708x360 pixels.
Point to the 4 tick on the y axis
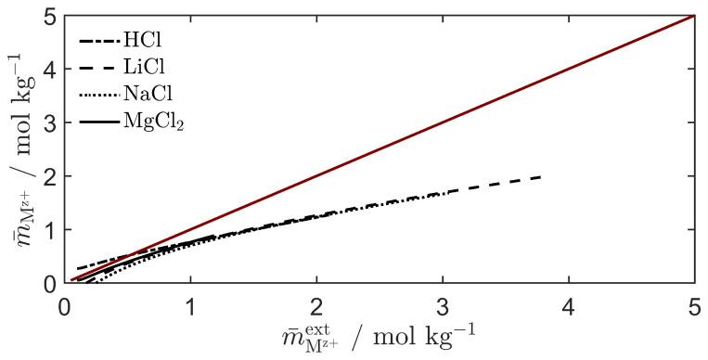click(48, 69)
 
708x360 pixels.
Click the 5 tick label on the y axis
click(48, 16)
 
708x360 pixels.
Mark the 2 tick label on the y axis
click(48, 176)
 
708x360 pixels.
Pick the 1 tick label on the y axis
click(48, 230)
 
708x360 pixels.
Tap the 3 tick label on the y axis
click(48, 122)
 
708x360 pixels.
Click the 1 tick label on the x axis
click(190, 303)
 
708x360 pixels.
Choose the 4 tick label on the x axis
click(569, 303)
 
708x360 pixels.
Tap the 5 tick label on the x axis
click(694, 303)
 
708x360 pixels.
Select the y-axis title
click(19, 148)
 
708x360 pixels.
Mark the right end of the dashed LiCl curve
click(541, 176)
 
